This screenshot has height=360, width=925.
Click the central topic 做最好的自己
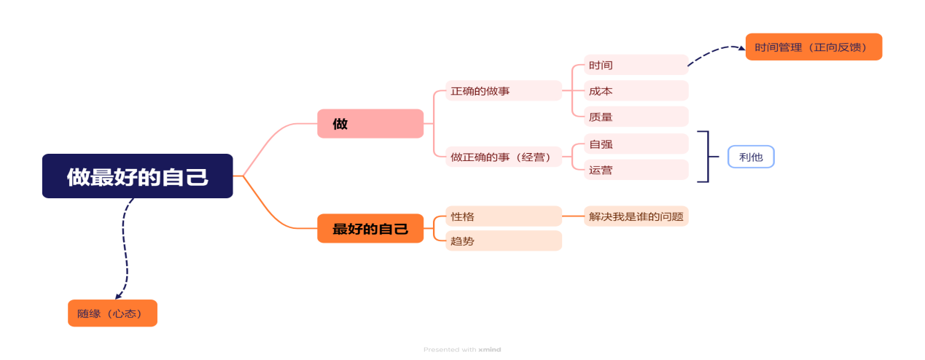(x=137, y=176)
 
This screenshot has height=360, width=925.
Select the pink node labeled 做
(x=370, y=124)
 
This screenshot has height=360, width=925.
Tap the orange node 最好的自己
(x=370, y=229)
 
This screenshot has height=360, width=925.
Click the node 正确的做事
(x=503, y=91)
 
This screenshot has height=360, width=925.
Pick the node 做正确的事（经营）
(x=503, y=157)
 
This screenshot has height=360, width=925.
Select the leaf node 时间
(x=636, y=65)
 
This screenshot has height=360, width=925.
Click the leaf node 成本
(x=636, y=91)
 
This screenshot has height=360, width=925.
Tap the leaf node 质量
(x=636, y=117)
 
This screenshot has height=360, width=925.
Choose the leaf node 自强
(x=636, y=144)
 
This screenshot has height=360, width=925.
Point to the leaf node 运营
(x=636, y=170)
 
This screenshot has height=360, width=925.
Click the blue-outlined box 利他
(x=751, y=157)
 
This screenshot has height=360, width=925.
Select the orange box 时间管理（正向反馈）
(x=813, y=47)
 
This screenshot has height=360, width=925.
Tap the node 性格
(x=503, y=216)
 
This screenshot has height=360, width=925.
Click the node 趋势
(x=503, y=240)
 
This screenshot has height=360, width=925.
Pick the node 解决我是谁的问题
(x=636, y=216)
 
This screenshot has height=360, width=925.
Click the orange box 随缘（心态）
(x=112, y=313)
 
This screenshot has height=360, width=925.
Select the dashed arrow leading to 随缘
(x=125, y=248)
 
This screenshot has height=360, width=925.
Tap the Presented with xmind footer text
(x=462, y=350)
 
